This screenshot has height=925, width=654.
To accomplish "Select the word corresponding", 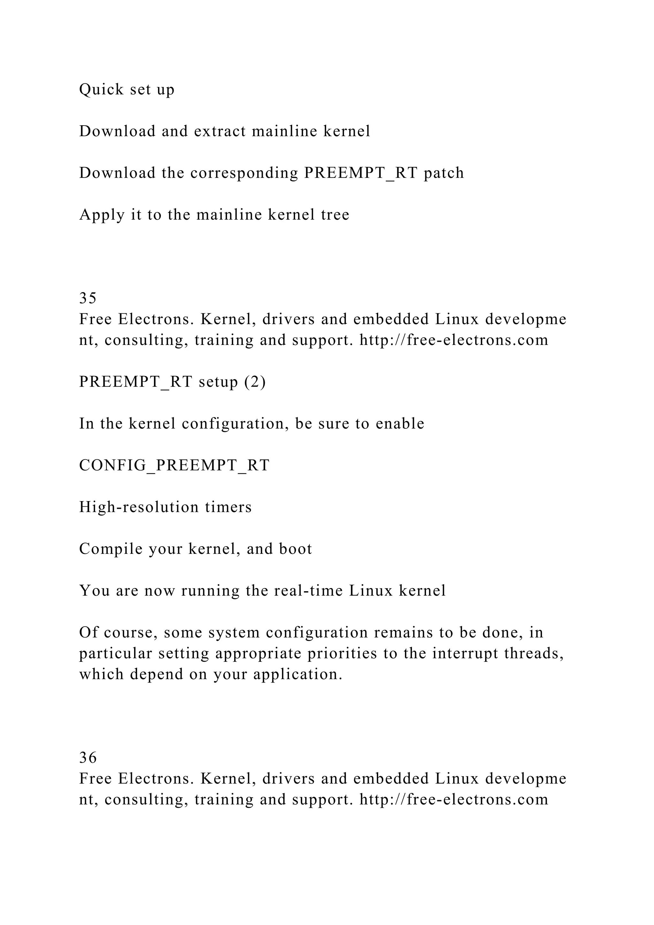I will pyautogui.click(x=244, y=173).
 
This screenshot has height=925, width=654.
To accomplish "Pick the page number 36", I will pyautogui.click(x=88, y=758).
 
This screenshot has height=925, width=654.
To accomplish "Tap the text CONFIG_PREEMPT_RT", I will pyautogui.click(x=174, y=465).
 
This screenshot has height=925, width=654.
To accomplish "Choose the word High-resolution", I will pyautogui.click(x=139, y=507).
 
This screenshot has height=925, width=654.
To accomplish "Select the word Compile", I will pyautogui.click(x=111, y=549).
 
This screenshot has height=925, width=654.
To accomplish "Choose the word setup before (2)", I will pyautogui.click(x=218, y=382).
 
